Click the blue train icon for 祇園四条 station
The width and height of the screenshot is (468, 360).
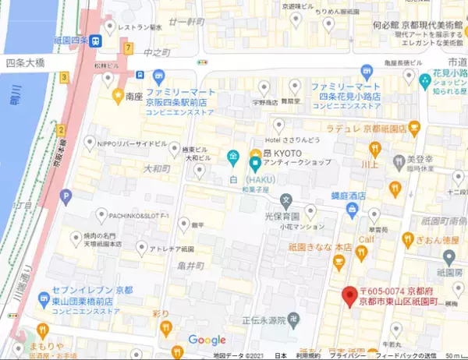(95, 41)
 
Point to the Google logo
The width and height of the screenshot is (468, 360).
(207, 341)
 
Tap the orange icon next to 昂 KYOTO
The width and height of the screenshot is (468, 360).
(254, 152)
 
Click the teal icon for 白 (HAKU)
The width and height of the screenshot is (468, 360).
(254, 165)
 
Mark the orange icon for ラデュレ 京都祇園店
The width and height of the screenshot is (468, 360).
(415, 127)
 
